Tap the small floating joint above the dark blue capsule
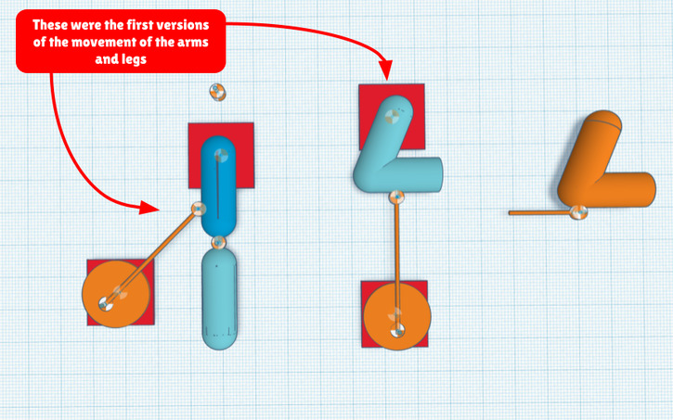(216, 92)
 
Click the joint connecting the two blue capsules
(219, 243)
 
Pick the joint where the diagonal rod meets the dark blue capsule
(198, 209)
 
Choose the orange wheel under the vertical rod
(396, 315)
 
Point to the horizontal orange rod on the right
(538, 212)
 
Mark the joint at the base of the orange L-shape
(578, 212)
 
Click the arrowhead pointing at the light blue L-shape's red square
(388, 72)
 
